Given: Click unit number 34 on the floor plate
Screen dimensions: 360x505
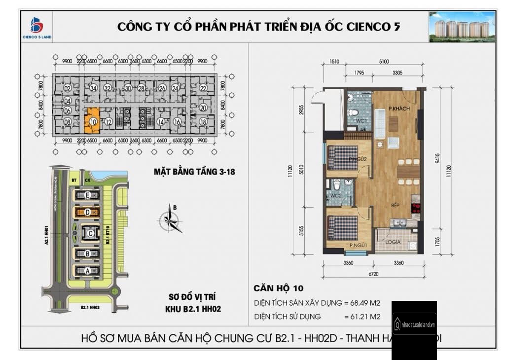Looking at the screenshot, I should [x=94, y=89].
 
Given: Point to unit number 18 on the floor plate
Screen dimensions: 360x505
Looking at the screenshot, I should [x=203, y=121].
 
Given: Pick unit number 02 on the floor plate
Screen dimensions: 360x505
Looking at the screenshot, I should [x=68, y=89].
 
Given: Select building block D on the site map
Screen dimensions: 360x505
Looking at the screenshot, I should [x=87, y=213].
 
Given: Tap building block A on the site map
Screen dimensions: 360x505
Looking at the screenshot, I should [x=87, y=270].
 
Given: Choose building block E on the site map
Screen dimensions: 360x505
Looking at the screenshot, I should [x=87, y=196].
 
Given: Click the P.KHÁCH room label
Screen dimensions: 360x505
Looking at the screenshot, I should [x=399, y=109].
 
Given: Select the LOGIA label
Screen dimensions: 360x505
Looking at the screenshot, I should [x=393, y=243].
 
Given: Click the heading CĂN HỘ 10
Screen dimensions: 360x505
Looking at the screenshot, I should [x=279, y=288].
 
